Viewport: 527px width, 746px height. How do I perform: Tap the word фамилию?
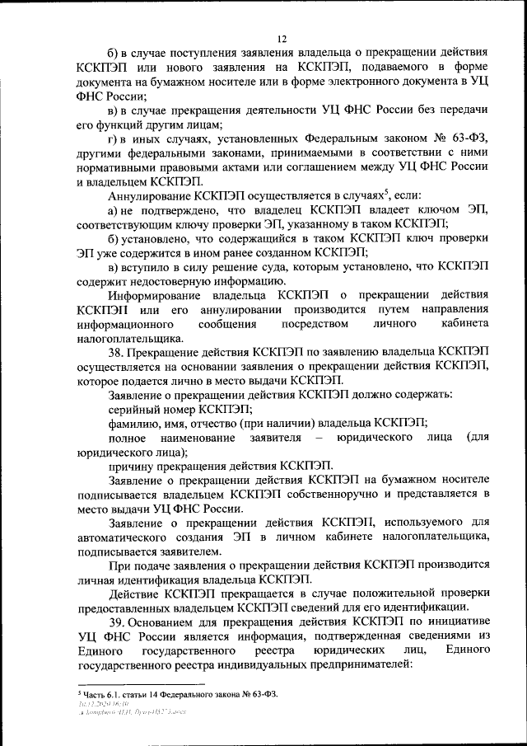(x=134, y=423)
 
